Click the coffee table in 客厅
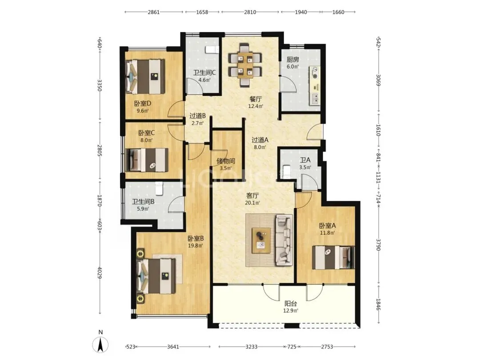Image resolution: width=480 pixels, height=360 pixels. click(x=261, y=240)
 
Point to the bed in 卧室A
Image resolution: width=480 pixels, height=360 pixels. click(x=333, y=257)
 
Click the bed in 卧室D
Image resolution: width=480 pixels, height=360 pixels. click(x=145, y=76)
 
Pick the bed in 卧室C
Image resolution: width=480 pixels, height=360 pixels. click(x=147, y=160)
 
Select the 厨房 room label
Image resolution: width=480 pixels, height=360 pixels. click(x=292, y=59)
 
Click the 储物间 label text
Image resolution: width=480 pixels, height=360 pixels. click(x=226, y=161)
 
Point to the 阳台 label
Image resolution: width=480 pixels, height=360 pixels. click(x=291, y=304)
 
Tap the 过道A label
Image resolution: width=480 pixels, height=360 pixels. click(x=260, y=140)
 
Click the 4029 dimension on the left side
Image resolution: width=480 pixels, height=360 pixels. click(x=100, y=272)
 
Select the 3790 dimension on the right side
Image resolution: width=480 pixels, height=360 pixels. click(x=378, y=244)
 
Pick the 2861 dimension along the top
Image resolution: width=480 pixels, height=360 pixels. click(x=154, y=12)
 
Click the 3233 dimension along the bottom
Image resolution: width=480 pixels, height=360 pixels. click(x=251, y=347)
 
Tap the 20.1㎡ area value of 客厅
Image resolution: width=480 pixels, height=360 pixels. click(x=252, y=203)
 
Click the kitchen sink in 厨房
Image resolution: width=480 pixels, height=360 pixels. click(x=315, y=98)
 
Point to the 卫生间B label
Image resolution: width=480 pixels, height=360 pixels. click(x=143, y=202)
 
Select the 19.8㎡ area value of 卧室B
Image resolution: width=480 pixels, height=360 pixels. click(x=195, y=245)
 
